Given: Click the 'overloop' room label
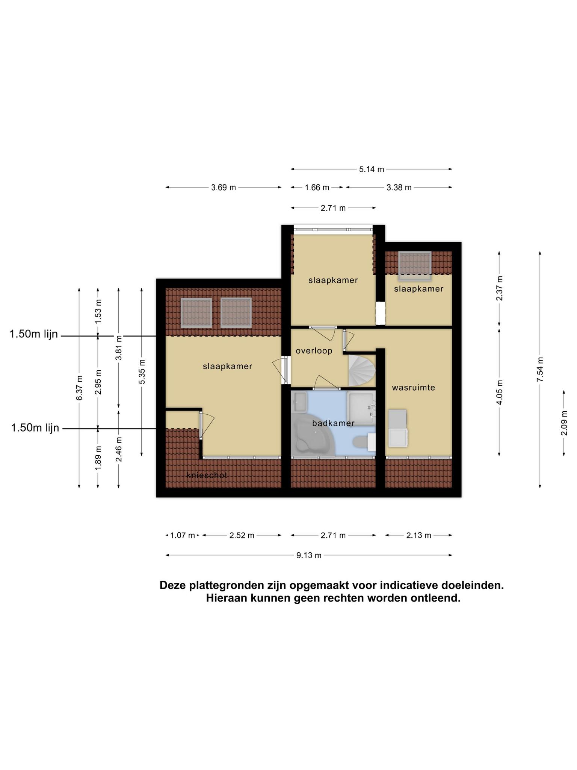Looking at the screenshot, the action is (x=314, y=351).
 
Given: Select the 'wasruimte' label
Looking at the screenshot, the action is (x=413, y=388).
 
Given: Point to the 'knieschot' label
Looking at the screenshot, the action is (x=207, y=475).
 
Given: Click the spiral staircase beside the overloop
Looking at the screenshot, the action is (x=362, y=370).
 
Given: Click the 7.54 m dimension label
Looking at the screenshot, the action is (x=540, y=369).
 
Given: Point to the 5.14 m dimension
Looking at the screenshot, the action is (x=372, y=169).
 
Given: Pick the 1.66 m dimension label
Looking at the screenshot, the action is (x=317, y=187).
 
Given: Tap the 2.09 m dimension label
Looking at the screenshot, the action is (x=564, y=423).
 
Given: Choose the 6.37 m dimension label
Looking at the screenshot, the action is (x=79, y=388).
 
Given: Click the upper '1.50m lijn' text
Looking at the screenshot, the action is (x=34, y=334).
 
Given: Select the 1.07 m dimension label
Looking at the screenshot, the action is (x=183, y=535).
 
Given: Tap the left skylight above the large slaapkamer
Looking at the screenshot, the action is (x=196, y=312).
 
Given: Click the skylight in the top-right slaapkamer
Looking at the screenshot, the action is (x=415, y=266).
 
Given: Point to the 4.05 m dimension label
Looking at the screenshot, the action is (x=499, y=392).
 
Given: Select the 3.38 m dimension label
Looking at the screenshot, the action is (x=399, y=187).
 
